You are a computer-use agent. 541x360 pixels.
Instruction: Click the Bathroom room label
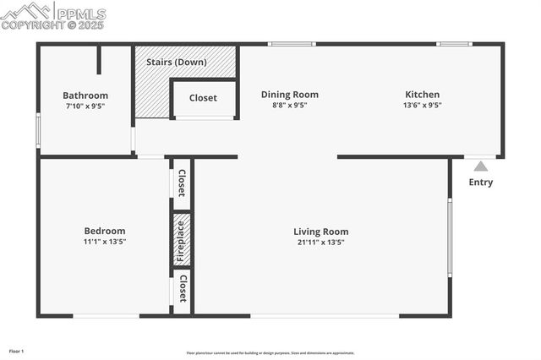click(x=85, y=95)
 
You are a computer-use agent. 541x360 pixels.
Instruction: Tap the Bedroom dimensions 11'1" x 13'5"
click(x=104, y=242)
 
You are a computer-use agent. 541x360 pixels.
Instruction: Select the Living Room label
click(x=320, y=232)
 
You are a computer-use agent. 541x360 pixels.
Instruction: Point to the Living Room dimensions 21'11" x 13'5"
click(x=320, y=242)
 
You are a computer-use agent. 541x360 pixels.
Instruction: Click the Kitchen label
click(x=422, y=95)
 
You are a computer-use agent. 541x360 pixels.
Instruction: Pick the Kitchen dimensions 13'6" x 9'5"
click(x=422, y=106)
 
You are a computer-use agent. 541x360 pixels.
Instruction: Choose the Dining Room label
click(x=289, y=95)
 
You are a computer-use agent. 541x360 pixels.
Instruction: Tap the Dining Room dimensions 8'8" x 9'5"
click(x=289, y=106)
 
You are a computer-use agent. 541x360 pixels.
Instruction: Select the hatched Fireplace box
click(x=182, y=239)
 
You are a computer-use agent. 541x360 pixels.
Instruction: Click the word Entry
click(x=480, y=183)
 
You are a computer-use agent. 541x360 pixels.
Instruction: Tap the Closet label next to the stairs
click(x=203, y=98)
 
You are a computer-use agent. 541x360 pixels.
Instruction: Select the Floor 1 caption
click(x=17, y=350)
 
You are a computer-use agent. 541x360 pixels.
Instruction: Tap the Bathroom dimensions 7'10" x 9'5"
click(x=85, y=106)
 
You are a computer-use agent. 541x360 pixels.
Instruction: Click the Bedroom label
click(x=104, y=231)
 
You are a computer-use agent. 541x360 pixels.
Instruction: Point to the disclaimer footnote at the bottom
click(x=270, y=353)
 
